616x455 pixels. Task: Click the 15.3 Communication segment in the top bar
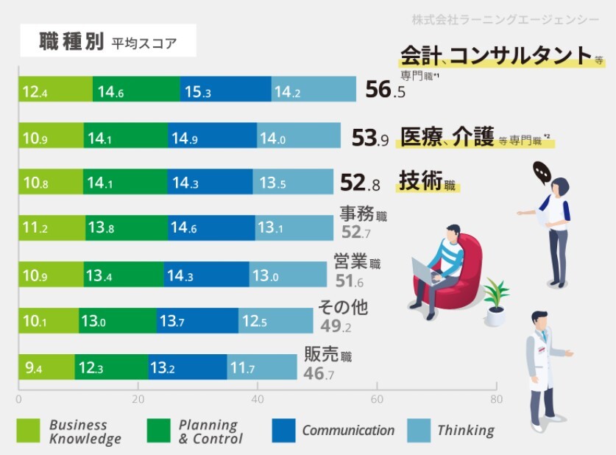[225, 92]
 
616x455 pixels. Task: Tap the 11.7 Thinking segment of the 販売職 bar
[251, 367]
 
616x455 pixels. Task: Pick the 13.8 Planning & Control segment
[126, 229]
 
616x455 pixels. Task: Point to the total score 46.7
[319, 374]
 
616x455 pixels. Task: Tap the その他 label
[343, 307]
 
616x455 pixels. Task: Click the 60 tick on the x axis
[377, 400]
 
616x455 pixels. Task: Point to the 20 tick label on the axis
[138, 400]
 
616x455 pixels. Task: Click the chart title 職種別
[72, 42]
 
